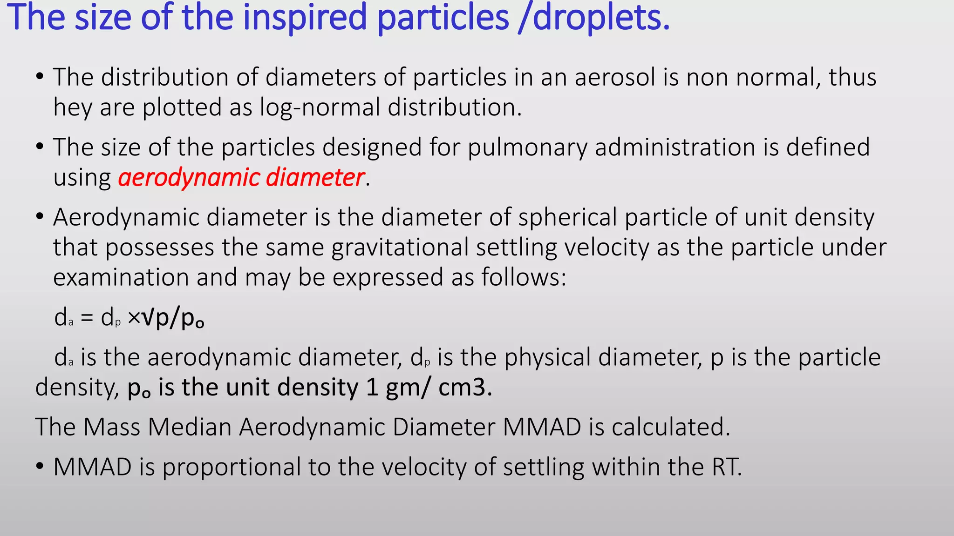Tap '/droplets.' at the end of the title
point(594,18)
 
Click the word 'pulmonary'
point(527,147)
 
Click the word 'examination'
point(121,278)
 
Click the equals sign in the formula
point(87,318)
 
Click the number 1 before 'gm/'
point(372,388)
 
